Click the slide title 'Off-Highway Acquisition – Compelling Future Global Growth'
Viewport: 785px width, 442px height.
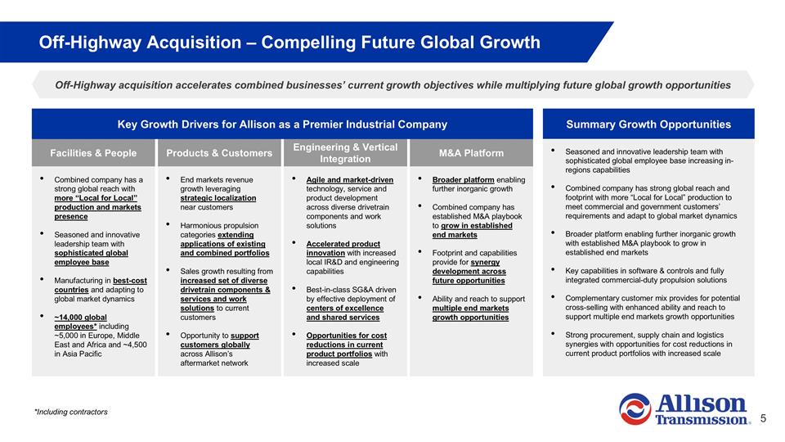click(x=289, y=43)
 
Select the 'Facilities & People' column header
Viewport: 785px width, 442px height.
click(x=93, y=153)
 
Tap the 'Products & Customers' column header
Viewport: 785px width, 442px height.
click(x=219, y=153)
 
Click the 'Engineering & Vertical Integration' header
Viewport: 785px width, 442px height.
click(x=345, y=152)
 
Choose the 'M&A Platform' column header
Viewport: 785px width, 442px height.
click(x=471, y=153)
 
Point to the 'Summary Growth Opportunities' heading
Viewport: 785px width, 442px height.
click(x=648, y=124)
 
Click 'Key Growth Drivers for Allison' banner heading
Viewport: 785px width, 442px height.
click(x=282, y=124)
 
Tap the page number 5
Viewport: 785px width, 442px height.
click(x=763, y=418)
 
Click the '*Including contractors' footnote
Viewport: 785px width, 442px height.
click(x=70, y=412)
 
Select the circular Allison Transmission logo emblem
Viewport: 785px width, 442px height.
click(x=635, y=409)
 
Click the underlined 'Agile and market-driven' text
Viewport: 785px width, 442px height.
click(x=349, y=180)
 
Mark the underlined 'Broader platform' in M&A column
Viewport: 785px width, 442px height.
click(x=463, y=180)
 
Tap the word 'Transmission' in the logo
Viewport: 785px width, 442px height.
click(x=702, y=420)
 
